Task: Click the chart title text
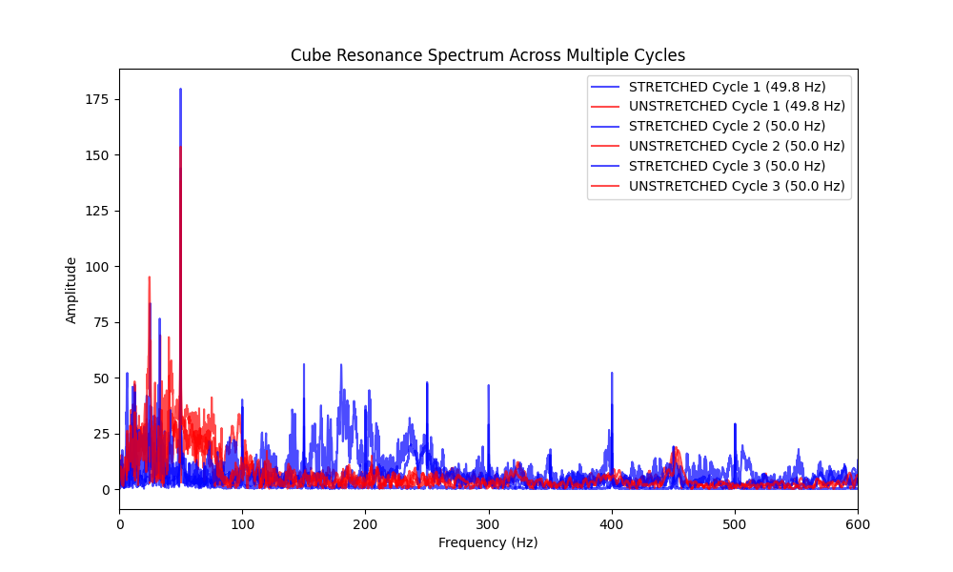coord(488,55)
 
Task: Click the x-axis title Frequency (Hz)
coord(488,542)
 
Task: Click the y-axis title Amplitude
coord(71,289)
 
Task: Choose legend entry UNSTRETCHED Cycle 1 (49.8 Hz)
coord(737,106)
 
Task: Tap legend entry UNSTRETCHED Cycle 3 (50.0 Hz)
coord(737,186)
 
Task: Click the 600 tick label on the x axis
coord(858,522)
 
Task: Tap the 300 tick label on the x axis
coord(488,522)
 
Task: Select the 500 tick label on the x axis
coord(735,522)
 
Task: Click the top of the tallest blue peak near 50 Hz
coord(180,90)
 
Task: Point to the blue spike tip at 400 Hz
coord(612,373)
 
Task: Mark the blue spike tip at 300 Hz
coord(489,385)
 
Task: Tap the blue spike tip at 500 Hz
coord(735,423)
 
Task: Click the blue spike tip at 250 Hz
coord(427,382)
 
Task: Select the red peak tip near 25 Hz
coord(149,277)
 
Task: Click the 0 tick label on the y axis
coord(105,489)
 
